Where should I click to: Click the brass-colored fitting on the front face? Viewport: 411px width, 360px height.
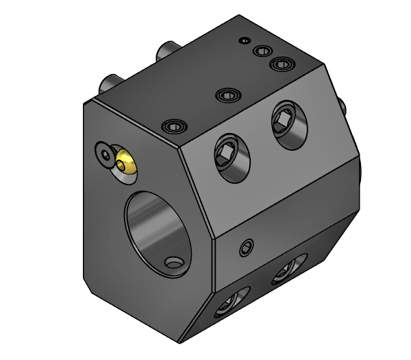tap(125, 163)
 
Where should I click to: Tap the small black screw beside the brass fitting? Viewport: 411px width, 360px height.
tap(104, 154)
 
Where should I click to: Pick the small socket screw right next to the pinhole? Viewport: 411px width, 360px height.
tap(261, 51)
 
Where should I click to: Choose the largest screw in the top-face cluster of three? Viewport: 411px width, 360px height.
tap(281, 64)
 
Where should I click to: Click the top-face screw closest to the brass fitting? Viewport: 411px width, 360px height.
tap(174, 126)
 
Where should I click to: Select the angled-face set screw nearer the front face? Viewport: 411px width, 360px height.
tap(230, 158)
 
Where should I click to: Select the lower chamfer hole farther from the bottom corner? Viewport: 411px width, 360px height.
tap(289, 269)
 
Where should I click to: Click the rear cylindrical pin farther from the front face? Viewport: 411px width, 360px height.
tap(167, 51)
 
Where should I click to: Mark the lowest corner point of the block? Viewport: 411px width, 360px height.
tap(179, 341)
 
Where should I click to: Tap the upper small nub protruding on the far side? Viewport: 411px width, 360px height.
tap(340, 104)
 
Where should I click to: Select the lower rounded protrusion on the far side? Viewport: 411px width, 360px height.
tap(358, 168)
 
